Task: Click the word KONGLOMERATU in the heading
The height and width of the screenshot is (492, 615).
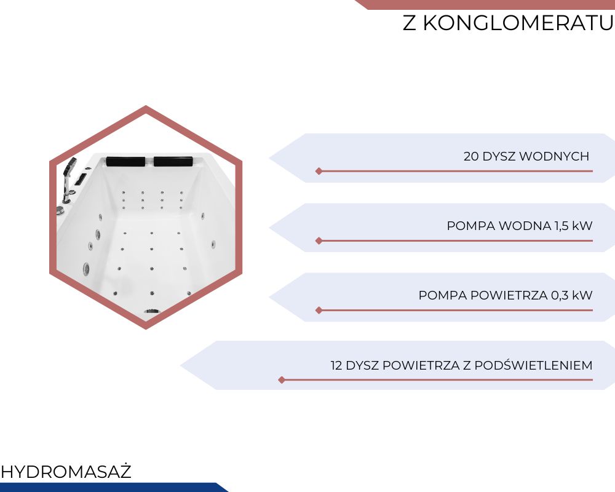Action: (x=518, y=23)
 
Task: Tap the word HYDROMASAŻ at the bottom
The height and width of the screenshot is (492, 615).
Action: (x=66, y=471)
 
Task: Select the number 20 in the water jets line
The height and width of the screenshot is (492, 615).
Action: (x=470, y=156)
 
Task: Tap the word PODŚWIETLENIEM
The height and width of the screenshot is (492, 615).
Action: (x=533, y=365)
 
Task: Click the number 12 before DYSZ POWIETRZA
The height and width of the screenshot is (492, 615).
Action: (x=336, y=365)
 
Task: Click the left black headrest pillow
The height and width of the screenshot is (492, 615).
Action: (x=125, y=161)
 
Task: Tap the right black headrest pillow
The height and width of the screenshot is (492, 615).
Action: (x=173, y=161)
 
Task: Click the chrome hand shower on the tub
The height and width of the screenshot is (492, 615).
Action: (x=69, y=178)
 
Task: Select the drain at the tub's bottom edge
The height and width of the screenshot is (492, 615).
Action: (x=152, y=312)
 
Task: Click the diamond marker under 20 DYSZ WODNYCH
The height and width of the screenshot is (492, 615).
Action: (x=319, y=171)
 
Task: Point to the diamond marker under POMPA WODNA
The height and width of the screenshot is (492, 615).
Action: (x=319, y=240)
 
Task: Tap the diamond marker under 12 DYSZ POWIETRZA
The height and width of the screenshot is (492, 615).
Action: (x=282, y=380)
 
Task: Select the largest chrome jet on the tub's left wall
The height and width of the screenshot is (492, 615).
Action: (x=86, y=269)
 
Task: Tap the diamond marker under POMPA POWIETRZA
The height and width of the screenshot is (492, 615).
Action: (x=319, y=311)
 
